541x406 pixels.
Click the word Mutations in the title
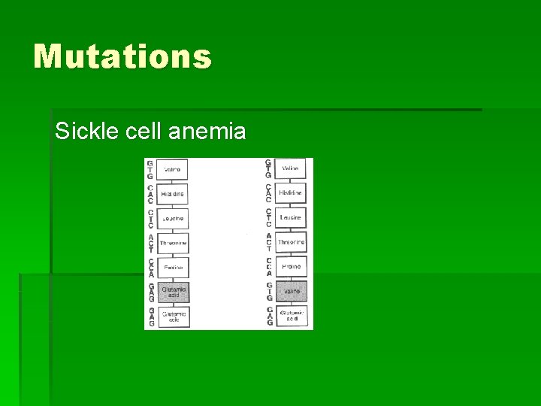122,56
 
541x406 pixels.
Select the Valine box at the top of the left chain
173,169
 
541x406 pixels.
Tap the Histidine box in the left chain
173,194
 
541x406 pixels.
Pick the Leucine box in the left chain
173,219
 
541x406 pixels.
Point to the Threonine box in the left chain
173,244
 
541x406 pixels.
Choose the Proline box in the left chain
173,268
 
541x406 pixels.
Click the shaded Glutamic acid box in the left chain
173,292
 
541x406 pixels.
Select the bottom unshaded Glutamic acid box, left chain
173,317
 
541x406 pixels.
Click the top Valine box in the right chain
290,168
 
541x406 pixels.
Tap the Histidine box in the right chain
290,193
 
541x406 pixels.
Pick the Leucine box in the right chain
290,218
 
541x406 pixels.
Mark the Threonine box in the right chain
290,242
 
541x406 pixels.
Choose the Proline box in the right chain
290,267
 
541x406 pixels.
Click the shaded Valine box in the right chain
290,291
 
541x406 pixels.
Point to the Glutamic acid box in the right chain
290,316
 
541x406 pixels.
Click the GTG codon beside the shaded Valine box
269,292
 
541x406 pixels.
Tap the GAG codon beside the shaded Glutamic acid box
150,292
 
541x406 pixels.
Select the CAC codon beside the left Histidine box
150,194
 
